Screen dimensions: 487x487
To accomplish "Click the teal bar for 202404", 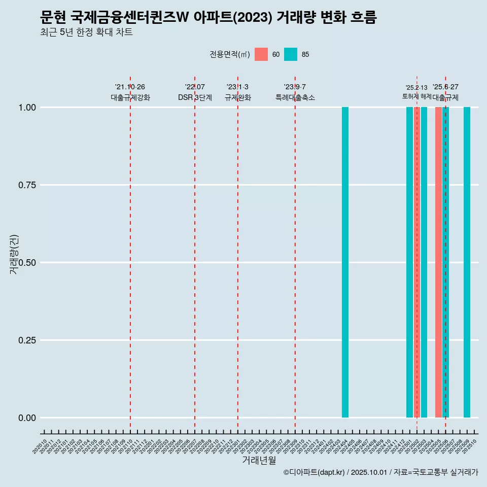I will pos(345,262).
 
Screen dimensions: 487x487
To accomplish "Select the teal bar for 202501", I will pos(409,262).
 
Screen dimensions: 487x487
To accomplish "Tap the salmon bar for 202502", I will pos(416,262).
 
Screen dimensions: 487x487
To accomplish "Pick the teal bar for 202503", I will pos(424,262).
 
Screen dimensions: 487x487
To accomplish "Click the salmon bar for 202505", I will pos(438,262).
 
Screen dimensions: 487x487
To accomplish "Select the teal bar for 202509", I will pos(467,262).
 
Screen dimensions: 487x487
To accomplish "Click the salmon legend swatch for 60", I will pos(261,54).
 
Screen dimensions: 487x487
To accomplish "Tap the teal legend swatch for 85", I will pos(291,54).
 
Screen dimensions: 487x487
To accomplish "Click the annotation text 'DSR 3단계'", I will pos(195,97).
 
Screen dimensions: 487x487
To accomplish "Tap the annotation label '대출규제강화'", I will pos(130,97).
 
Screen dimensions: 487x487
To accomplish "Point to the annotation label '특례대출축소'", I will pos(295,97).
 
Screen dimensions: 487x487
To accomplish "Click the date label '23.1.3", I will pos(237,87).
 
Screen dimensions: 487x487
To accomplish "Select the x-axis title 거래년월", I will pos(259,461).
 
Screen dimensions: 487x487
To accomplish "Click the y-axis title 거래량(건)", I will pos(14,254).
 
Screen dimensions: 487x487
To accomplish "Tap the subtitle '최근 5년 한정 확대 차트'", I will pos(86,32).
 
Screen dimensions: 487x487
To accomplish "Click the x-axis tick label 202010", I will pos(40,447).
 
